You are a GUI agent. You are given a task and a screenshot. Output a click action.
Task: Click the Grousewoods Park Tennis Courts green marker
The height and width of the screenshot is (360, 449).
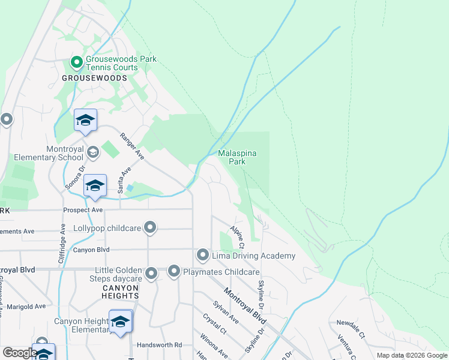click(77, 62)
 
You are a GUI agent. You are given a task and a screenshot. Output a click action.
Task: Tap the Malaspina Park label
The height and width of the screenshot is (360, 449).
click(238, 157)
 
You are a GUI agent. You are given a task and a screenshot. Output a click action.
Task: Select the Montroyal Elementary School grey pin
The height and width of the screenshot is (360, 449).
click(92, 152)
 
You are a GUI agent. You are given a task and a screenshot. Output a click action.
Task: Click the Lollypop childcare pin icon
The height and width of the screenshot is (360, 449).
click(151, 227)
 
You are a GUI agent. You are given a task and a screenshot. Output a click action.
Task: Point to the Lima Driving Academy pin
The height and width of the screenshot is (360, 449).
click(203, 256)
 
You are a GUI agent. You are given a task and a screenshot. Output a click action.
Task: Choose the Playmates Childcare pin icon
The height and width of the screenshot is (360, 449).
click(174, 272)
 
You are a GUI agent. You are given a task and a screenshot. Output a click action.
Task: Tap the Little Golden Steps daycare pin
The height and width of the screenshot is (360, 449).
click(151, 274)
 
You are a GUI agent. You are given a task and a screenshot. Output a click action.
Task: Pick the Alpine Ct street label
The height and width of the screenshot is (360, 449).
click(237, 238)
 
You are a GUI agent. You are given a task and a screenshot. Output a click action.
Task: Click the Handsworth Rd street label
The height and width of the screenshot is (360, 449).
click(159, 345)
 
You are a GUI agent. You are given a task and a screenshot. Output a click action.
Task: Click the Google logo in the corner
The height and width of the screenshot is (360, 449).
click(20, 353)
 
